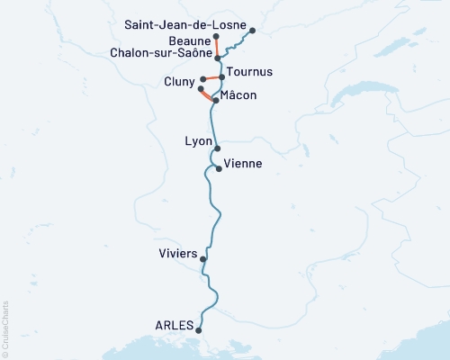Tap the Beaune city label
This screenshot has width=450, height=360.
point(189,40)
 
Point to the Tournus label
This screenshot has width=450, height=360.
point(249,71)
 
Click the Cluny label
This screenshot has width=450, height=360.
point(178,83)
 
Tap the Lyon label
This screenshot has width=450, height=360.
point(197,141)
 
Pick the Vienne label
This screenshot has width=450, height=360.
point(243,164)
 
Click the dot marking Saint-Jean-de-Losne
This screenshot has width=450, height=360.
point(252,31)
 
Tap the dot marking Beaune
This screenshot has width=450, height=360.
point(217,37)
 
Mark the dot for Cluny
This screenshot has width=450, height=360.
point(201,89)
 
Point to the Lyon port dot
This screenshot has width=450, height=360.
point(217,148)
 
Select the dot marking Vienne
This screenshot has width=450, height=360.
point(219,168)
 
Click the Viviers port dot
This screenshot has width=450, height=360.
point(203,259)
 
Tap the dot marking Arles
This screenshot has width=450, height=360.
point(202,330)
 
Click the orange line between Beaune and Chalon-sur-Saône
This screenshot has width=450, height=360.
point(217,47)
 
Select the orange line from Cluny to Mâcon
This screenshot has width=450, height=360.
point(207,94)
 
